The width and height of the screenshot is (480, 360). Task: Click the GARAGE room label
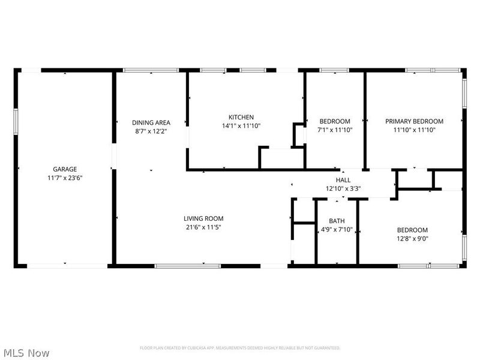pos(64,169)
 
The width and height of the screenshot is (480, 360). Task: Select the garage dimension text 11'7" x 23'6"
pos(64,178)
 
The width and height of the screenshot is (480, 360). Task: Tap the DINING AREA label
pos(147,122)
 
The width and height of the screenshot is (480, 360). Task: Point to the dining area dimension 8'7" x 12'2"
pos(147,130)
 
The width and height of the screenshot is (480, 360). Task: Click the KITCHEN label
pos(241,117)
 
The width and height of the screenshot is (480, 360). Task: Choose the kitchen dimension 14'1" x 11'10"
pos(241,125)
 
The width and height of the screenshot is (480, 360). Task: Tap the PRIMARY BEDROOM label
pos(414,121)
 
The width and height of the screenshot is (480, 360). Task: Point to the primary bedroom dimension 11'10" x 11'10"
pos(414,130)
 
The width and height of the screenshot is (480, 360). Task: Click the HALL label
pos(343,180)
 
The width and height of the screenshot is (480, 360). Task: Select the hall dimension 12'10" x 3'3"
pos(343,188)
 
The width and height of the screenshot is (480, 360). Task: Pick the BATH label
pos(336,221)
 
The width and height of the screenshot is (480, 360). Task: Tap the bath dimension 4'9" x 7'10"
pos(336,229)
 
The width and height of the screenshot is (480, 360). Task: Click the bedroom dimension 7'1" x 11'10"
pos(335,130)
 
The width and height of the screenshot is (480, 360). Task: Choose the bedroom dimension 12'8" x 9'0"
pos(412,239)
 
